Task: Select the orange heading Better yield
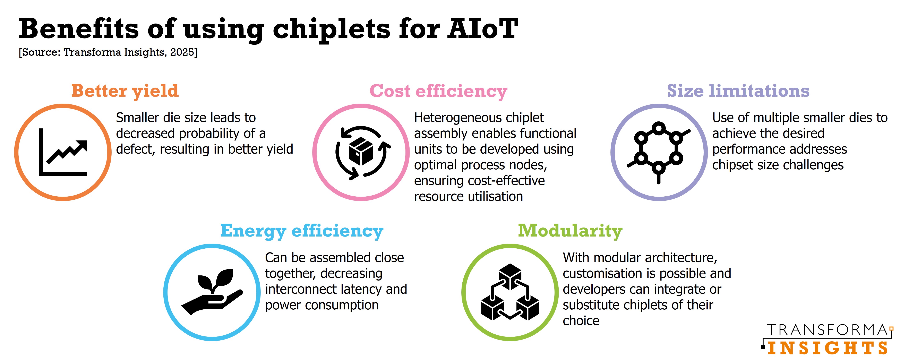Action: [x=125, y=91]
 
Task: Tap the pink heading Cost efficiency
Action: [x=438, y=92]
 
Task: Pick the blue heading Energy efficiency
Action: [x=302, y=231]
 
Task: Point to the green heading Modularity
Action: [x=570, y=231]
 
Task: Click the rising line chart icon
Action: [x=63, y=152]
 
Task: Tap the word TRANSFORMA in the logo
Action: [x=827, y=330]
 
